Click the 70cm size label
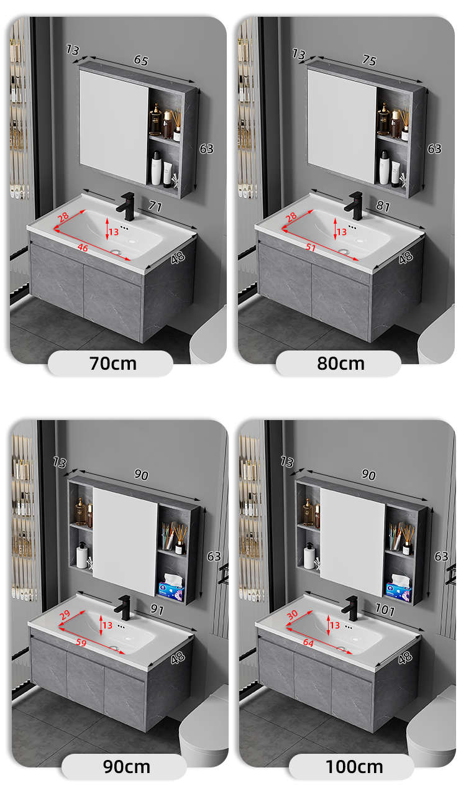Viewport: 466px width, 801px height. (x=113, y=364)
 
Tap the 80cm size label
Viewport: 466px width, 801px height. (x=341, y=364)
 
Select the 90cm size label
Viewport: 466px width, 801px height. (x=127, y=767)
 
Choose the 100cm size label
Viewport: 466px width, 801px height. (x=354, y=767)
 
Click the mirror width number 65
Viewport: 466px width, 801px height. (x=141, y=60)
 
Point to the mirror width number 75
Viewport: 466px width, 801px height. (x=369, y=60)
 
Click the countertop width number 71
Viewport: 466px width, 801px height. (x=155, y=206)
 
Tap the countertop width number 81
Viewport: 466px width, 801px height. (x=383, y=206)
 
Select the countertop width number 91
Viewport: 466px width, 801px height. (x=157, y=610)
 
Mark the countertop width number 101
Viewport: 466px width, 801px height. (x=385, y=610)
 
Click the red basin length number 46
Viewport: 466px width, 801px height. (x=83, y=247)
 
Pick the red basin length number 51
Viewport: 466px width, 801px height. (x=311, y=247)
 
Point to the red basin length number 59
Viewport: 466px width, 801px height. (x=81, y=643)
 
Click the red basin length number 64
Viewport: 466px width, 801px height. (x=308, y=643)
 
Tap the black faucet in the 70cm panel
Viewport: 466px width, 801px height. (x=126, y=206)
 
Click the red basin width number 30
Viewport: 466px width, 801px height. (x=292, y=615)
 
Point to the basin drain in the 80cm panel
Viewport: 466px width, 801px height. (x=344, y=252)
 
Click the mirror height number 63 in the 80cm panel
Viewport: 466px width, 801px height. (x=434, y=149)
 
